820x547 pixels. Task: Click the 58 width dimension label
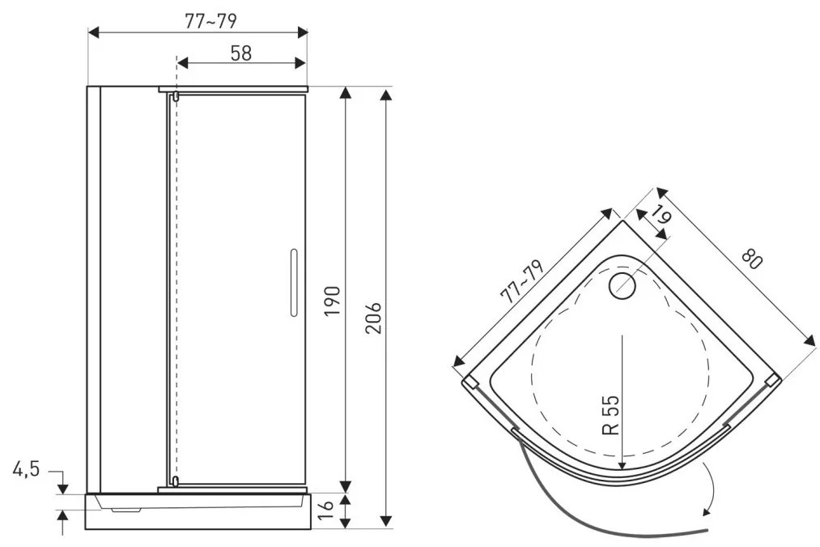pyautogui.click(x=240, y=53)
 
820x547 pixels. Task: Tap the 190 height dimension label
pyautogui.click(x=332, y=301)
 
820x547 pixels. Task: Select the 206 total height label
pyautogui.click(x=373, y=318)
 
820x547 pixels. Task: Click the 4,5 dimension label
pyautogui.click(x=26, y=469)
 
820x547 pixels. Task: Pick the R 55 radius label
pyautogui.click(x=611, y=415)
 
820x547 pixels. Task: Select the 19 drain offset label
pyautogui.click(x=661, y=215)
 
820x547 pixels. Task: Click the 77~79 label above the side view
pyautogui.click(x=210, y=21)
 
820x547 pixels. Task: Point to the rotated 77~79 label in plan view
pyautogui.click(x=522, y=282)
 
